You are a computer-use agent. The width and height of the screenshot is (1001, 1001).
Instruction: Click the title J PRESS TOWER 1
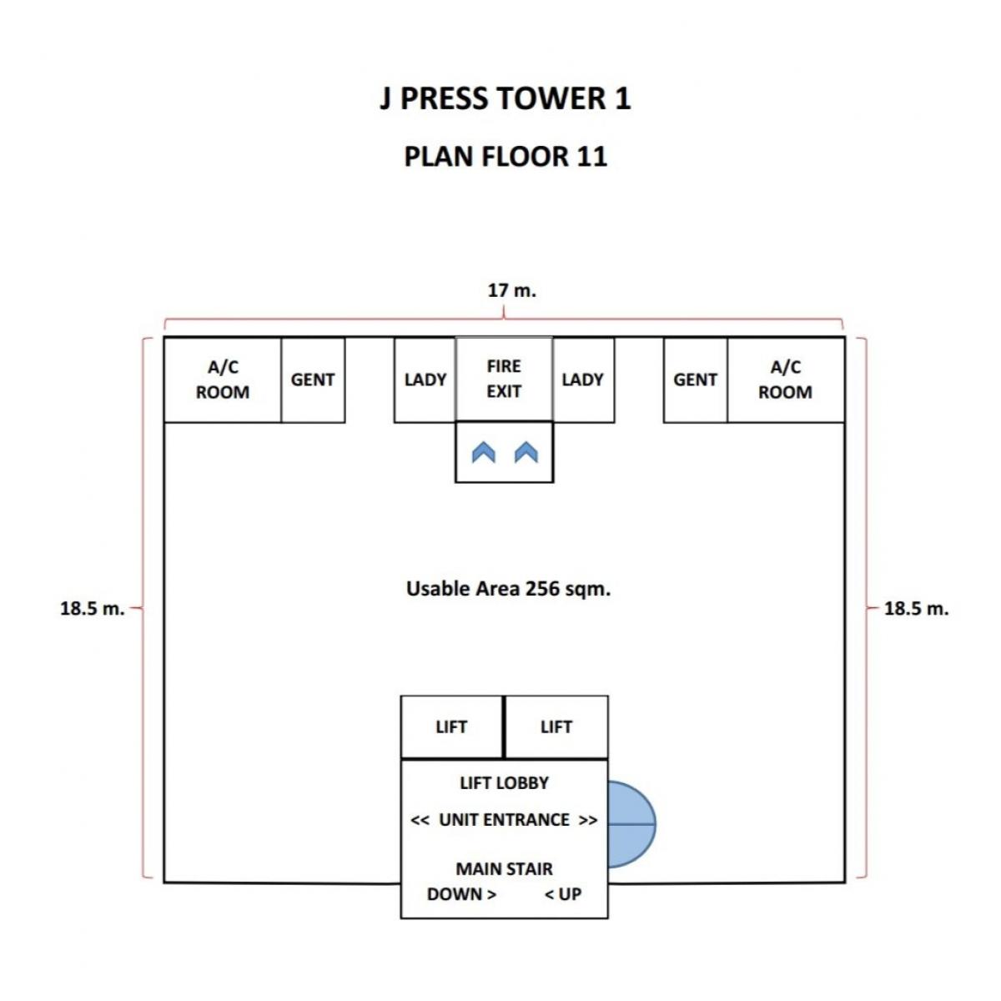pyautogui.click(x=505, y=98)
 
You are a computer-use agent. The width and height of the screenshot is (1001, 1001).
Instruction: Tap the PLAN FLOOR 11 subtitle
pyautogui.click(x=506, y=156)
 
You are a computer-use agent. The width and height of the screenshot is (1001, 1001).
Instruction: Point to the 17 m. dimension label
pyautogui.click(x=511, y=290)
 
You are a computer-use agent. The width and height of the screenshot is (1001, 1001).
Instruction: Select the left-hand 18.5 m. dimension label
pyautogui.click(x=93, y=608)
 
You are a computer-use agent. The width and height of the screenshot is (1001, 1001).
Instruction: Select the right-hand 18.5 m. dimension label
pyautogui.click(x=916, y=608)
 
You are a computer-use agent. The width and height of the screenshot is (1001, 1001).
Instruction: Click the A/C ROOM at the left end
pyautogui.click(x=223, y=380)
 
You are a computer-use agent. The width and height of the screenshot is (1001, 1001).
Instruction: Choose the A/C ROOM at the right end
pyautogui.click(x=786, y=380)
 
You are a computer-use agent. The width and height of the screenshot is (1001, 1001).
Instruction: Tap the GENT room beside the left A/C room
pyautogui.click(x=313, y=380)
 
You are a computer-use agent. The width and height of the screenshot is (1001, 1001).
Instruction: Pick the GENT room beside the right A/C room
pyautogui.click(x=696, y=380)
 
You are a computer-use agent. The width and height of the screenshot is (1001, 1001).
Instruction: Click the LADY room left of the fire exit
pyautogui.click(x=425, y=380)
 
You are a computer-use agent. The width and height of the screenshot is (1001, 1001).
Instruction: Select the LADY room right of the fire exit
pyautogui.click(x=583, y=380)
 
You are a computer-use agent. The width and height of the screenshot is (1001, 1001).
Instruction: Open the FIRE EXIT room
pyautogui.click(x=504, y=380)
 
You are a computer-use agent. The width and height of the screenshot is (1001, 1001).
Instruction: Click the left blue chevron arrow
pyautogui.click(x=484, y=452)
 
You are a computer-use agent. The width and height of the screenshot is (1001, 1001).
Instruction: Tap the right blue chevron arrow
pyautogui.click(x=526, y=452)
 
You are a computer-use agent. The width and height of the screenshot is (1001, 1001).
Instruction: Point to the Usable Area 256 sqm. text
pyautogui.click(x=508, y=589)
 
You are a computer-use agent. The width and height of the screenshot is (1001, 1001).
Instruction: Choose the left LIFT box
pyautogui.click(x=451, y=727)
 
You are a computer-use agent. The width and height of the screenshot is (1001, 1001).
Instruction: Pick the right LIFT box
pyautogui.click(x=556, y=727)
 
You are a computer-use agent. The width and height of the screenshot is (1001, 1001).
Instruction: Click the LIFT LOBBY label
pyautogui.click(x=504, y=782)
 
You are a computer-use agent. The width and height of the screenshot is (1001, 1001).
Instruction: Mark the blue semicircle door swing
pyautogui.click(x=631, y=824)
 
